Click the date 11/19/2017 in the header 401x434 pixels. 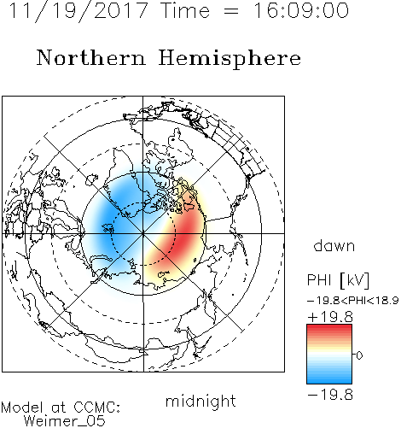pyautogui.click(x=78, y=11)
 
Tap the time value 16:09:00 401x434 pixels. pyautogui.click(x=301, y=10)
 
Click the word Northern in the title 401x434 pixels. pyautogui.click(x=91, y=57)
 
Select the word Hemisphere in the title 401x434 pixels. pyautogui.click(x=230, y=59)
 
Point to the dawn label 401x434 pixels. pyautogui.click(x=334, y=245)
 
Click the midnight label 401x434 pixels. pyautogui.click(x=200, y=401)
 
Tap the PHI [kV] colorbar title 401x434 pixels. pyautogui.click(x=339, y=280)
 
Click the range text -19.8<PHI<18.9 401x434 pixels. pyautogui.click(x=353, y=301)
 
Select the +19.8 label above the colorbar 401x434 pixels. pyautogui.click(x=330, y=317)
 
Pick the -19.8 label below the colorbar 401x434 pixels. pyautogui.click(x=330, y=395)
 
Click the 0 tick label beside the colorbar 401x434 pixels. pyautogui.click(x=359, y=355)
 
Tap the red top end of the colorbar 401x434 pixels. pyautogui.click(x=329, y=328)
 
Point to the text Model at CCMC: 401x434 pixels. pyautogui.click(x=61, y=408)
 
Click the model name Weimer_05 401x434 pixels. pyautogui.click(x=65, y=421)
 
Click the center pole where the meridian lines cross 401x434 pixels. pyautogui.click(x=143, y=233)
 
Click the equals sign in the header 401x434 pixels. pyautogui.click(x=231, y=11)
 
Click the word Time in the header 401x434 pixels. pyautogui.click(x=185, y=10)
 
